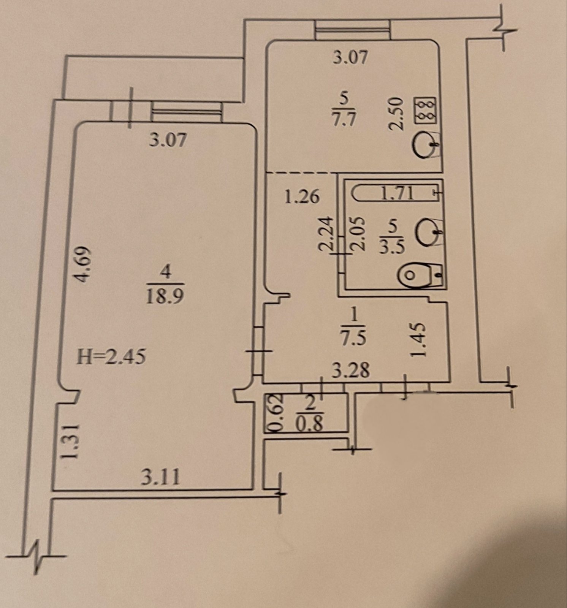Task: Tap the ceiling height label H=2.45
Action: point(111,357)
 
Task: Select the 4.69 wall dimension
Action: point(83,265)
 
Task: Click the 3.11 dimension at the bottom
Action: point(160,477)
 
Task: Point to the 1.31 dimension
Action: point(71,442)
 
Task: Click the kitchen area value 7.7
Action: point(343,120)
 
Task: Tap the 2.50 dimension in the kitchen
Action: point(396,113)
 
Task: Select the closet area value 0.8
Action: point(310,424)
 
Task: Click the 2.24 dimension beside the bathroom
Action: point(327,234)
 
